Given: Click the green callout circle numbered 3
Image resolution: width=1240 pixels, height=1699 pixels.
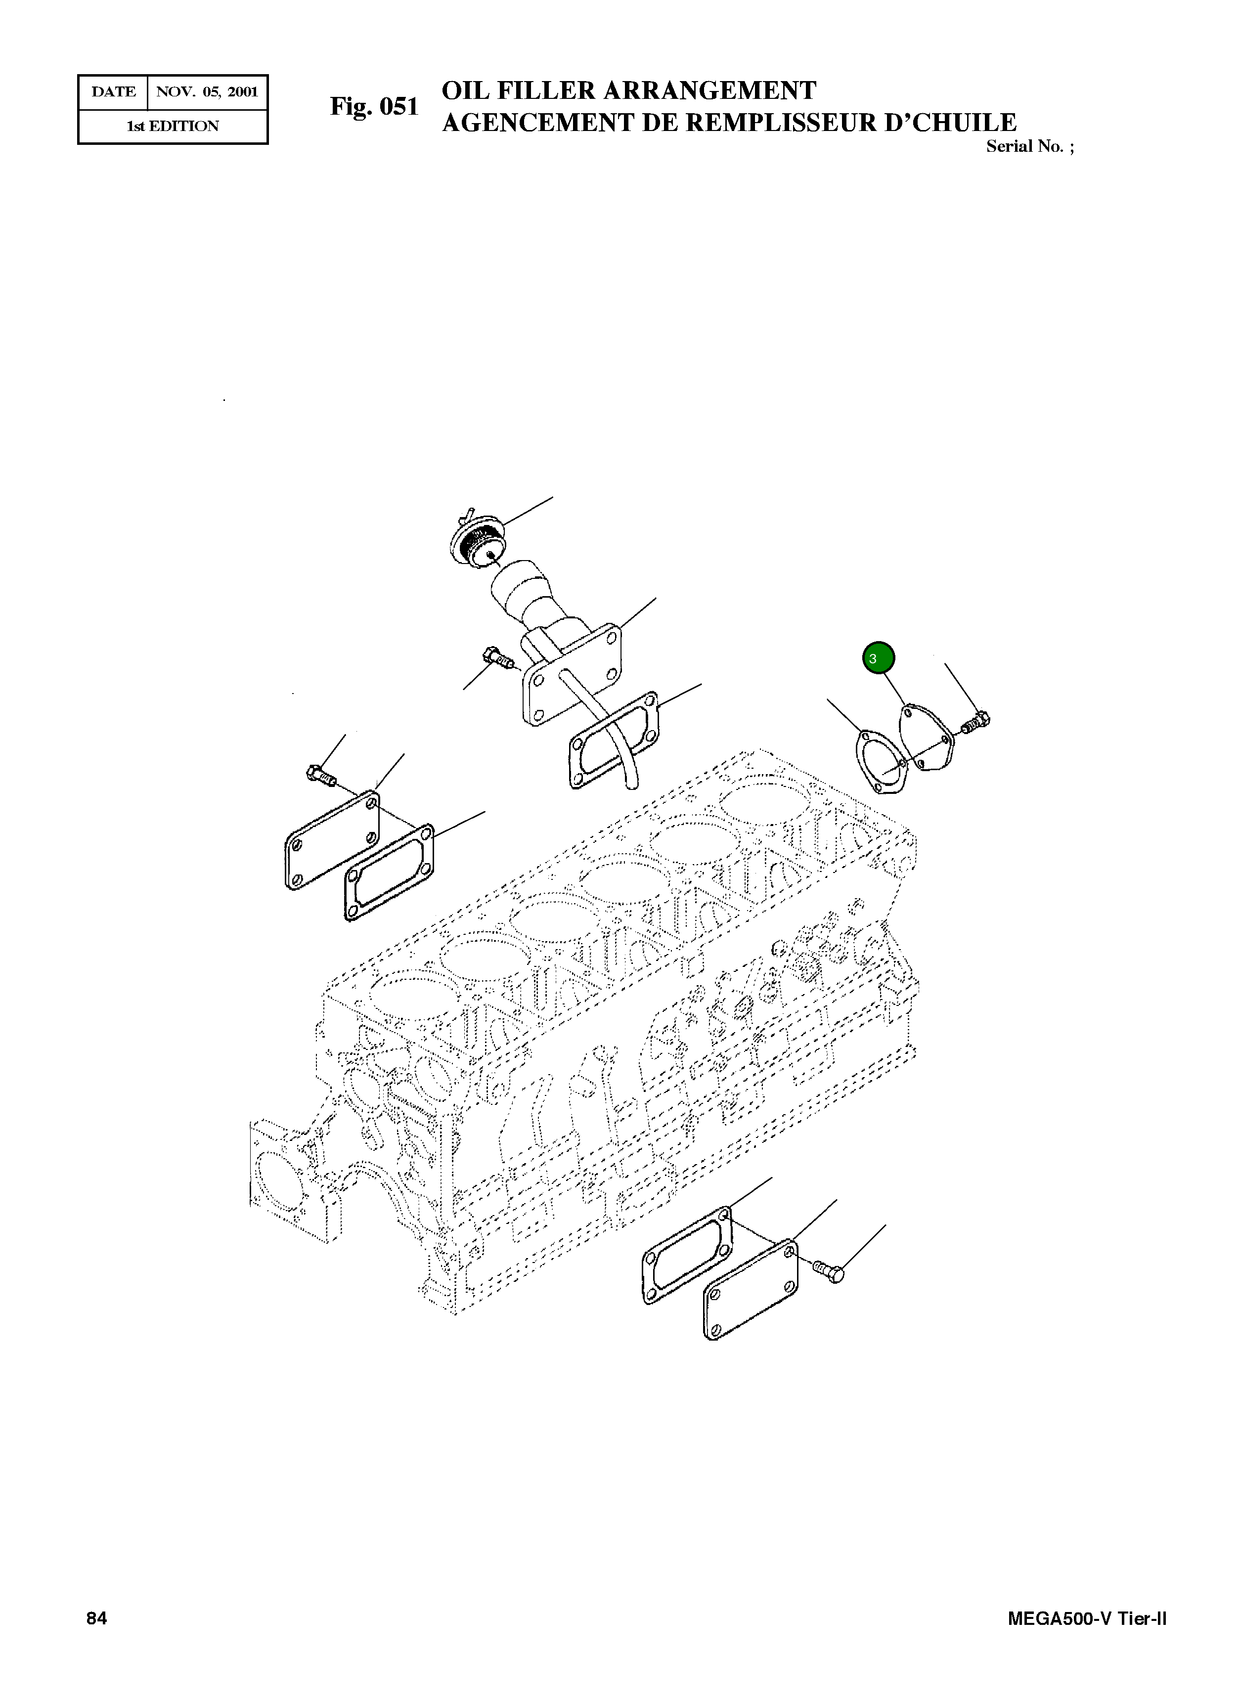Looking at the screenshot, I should [x=878, y=658].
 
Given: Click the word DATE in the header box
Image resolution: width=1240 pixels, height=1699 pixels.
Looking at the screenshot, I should [x=113, y=92].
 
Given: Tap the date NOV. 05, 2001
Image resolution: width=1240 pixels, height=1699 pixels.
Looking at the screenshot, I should [x=206, y=92].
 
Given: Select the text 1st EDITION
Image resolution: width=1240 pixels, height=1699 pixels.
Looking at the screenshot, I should [x=173, y=126].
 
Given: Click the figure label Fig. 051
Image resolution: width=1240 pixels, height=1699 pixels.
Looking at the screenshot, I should [x=374, y=107].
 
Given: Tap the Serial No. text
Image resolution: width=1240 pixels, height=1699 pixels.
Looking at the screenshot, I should [x=1029, y=146].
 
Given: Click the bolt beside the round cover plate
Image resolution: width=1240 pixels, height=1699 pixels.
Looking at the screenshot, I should [x=976, y=723].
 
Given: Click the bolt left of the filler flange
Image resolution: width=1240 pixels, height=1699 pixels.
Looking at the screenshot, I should [x=499, y=658].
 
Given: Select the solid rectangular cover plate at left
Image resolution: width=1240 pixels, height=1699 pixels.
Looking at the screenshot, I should [x=331, y=840].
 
